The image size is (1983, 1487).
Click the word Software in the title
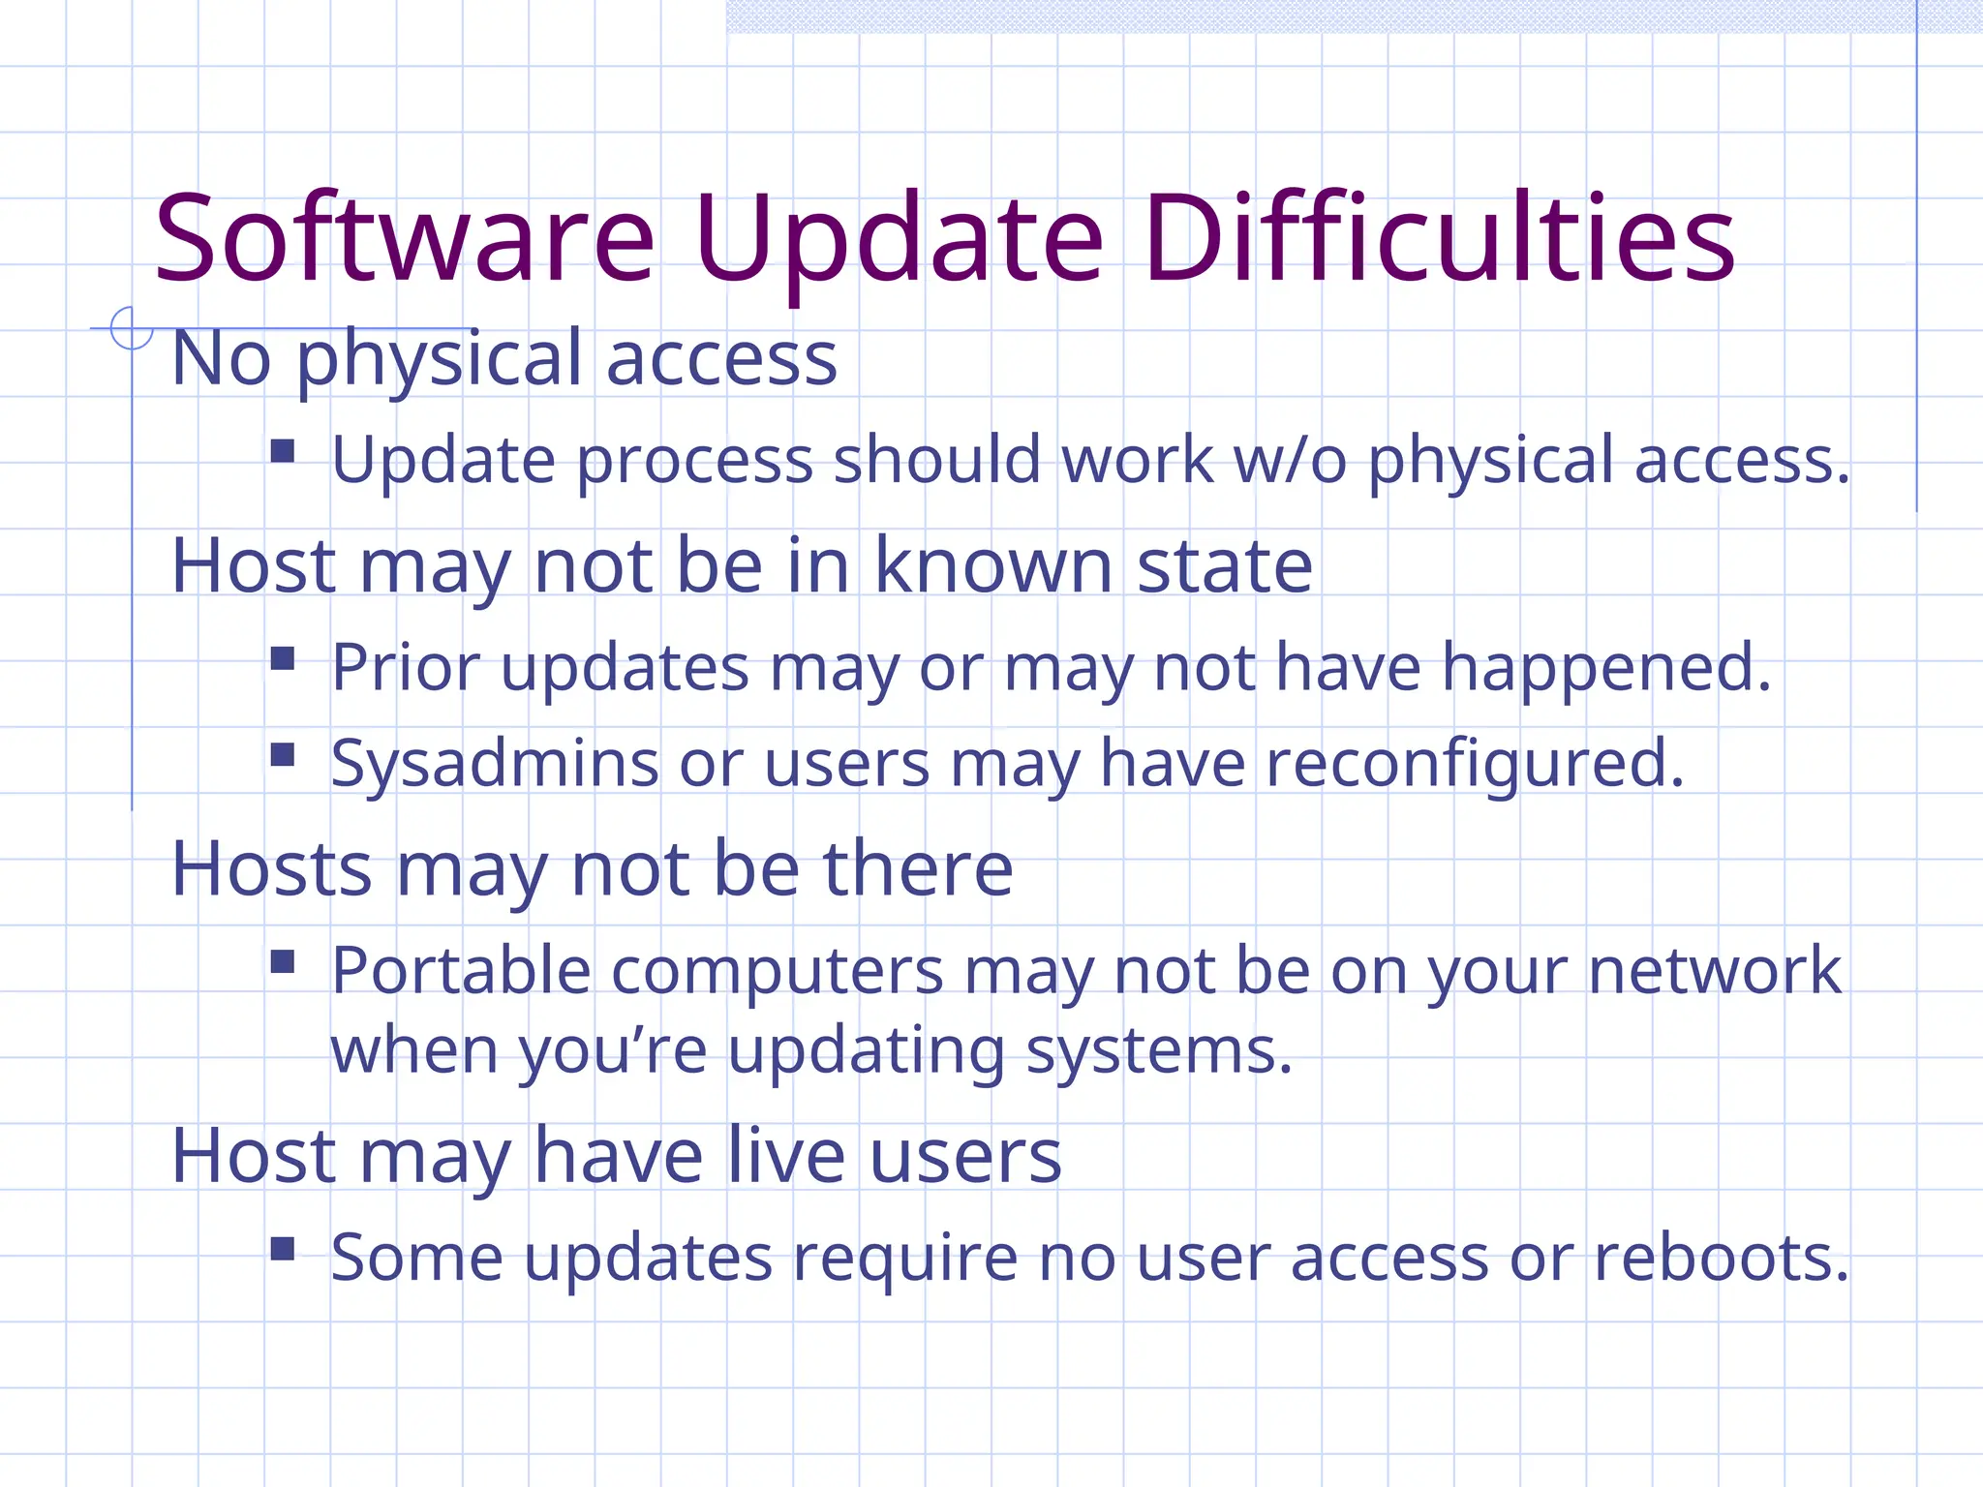click(x=405, y=238)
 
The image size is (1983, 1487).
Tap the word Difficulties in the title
click(x=1439, y=238)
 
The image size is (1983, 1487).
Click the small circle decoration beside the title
click(x=131, y=328)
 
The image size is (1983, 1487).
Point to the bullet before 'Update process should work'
click(x=283, y=451)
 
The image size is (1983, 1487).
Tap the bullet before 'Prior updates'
click(x=283, y=659)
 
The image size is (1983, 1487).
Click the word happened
click(x=1606, y=668)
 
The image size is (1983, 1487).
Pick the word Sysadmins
click(x=495, y=764)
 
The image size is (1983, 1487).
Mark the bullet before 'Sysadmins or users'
click(x=283, y=754)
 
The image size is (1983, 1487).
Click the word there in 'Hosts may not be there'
click(x=917, y=868)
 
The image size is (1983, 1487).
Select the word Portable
click(x=461, y=970)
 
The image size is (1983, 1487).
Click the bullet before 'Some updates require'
click(x=283, y=1249)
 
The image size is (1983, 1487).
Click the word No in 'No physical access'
click(x=221, y=358)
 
